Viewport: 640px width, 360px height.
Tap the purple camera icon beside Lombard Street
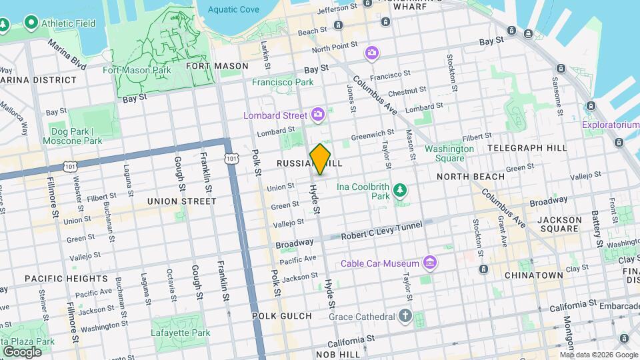[x=317, y=115]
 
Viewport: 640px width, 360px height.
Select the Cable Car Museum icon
[x=430, y=263]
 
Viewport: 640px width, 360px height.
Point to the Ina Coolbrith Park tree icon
[x=400, y=191]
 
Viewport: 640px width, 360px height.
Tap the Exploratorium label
[x=610, y=125]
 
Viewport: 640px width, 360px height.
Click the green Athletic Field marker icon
[x=30, y=23]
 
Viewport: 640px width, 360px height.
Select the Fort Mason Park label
[x=137, y=69]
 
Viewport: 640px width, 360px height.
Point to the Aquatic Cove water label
[x=233, y=9]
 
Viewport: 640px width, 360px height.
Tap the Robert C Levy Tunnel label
[x=381, y=226]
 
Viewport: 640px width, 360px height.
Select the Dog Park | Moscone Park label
[x=73, y=136]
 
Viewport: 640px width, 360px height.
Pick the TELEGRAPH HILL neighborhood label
[x=527, y=147]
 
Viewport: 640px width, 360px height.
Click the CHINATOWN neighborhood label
[x=533, y=275]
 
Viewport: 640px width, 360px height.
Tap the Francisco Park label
[x=282, y=82]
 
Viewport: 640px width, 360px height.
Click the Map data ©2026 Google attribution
[x=598, y=355]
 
